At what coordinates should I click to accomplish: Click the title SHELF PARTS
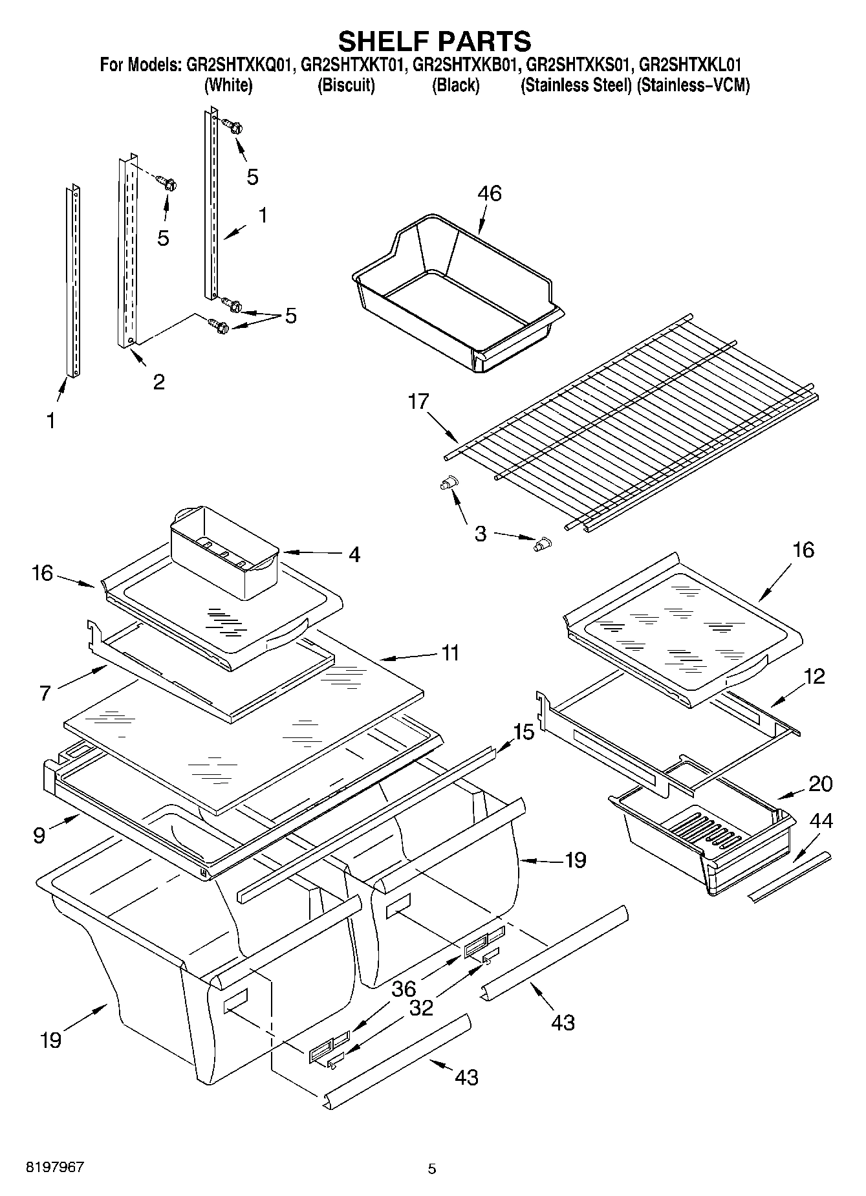point(434,41)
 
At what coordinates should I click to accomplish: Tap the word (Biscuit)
point(346,85)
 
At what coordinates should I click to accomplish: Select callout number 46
point(490,193)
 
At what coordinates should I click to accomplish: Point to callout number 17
point(418,402)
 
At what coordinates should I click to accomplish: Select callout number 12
point(814,677)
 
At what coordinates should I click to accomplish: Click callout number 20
point(820,783)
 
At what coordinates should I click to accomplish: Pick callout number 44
point(821,821)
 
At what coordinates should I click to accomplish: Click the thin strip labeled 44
point(789,877)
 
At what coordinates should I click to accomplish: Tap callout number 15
point(524,732)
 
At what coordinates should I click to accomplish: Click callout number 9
point(39,836)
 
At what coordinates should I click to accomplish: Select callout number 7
point(45,693)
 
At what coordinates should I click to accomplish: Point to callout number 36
point(404,989)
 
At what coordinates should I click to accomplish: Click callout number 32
point(421,1008)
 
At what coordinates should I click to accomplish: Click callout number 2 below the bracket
point(158,382)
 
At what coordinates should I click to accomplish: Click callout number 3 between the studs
point(481,534)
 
